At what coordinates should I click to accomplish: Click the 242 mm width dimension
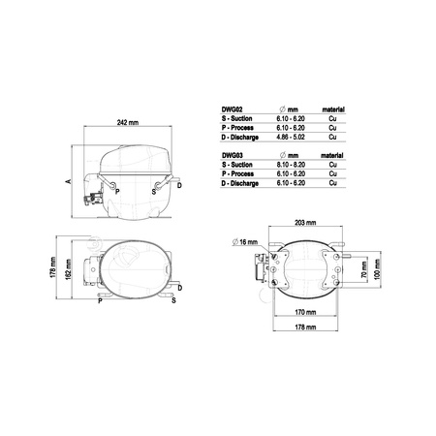[128, 123]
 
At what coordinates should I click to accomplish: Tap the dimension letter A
[68, 181]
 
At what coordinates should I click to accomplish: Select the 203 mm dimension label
[305, 223]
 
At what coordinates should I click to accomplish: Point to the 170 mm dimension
[305, 312]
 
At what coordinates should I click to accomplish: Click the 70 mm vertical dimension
[364, 270]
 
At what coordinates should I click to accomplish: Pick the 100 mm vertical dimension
[377, 269]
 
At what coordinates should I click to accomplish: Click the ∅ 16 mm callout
[245, 241]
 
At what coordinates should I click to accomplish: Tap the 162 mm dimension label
[68, 269]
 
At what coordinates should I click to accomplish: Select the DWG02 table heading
[232, 109]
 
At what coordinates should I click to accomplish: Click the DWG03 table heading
[233, 155]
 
